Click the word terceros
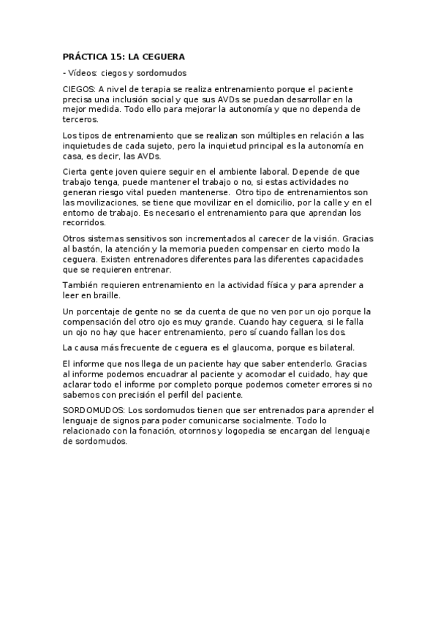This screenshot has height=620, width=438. [80, 119]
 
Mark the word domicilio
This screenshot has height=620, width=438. [279, 202]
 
